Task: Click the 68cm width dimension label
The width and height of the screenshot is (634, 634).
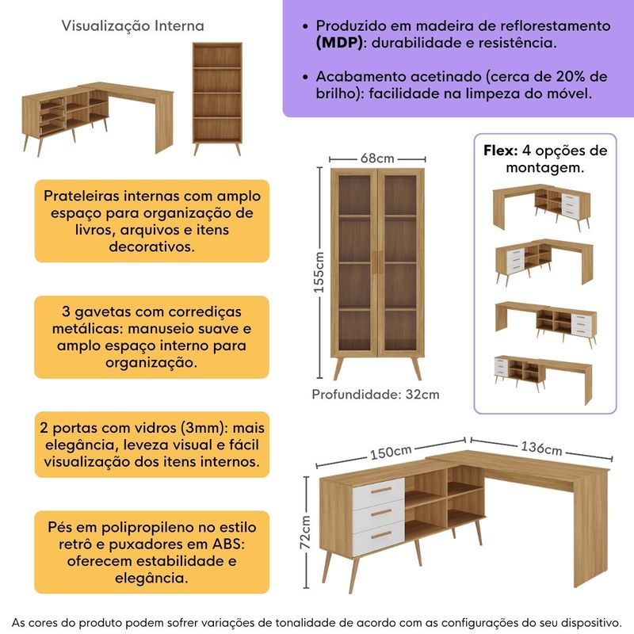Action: [377, 157]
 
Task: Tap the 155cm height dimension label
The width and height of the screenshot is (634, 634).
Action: [319, 272]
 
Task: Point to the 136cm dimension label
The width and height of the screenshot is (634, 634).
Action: [541, 447]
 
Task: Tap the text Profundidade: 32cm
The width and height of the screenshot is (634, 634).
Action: [375, 394]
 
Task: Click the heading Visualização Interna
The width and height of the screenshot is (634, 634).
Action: [132, 26]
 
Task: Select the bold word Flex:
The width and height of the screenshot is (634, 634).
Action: [501, 151]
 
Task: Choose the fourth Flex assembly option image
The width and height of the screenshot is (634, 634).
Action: [543, 376]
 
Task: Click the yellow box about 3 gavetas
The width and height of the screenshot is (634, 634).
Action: [151, 337]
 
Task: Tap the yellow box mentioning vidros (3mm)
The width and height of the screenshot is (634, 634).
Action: [151, 444]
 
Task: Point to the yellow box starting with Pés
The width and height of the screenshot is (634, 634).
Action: [151, 552]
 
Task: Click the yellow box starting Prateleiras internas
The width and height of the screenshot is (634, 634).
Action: [151, 221]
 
